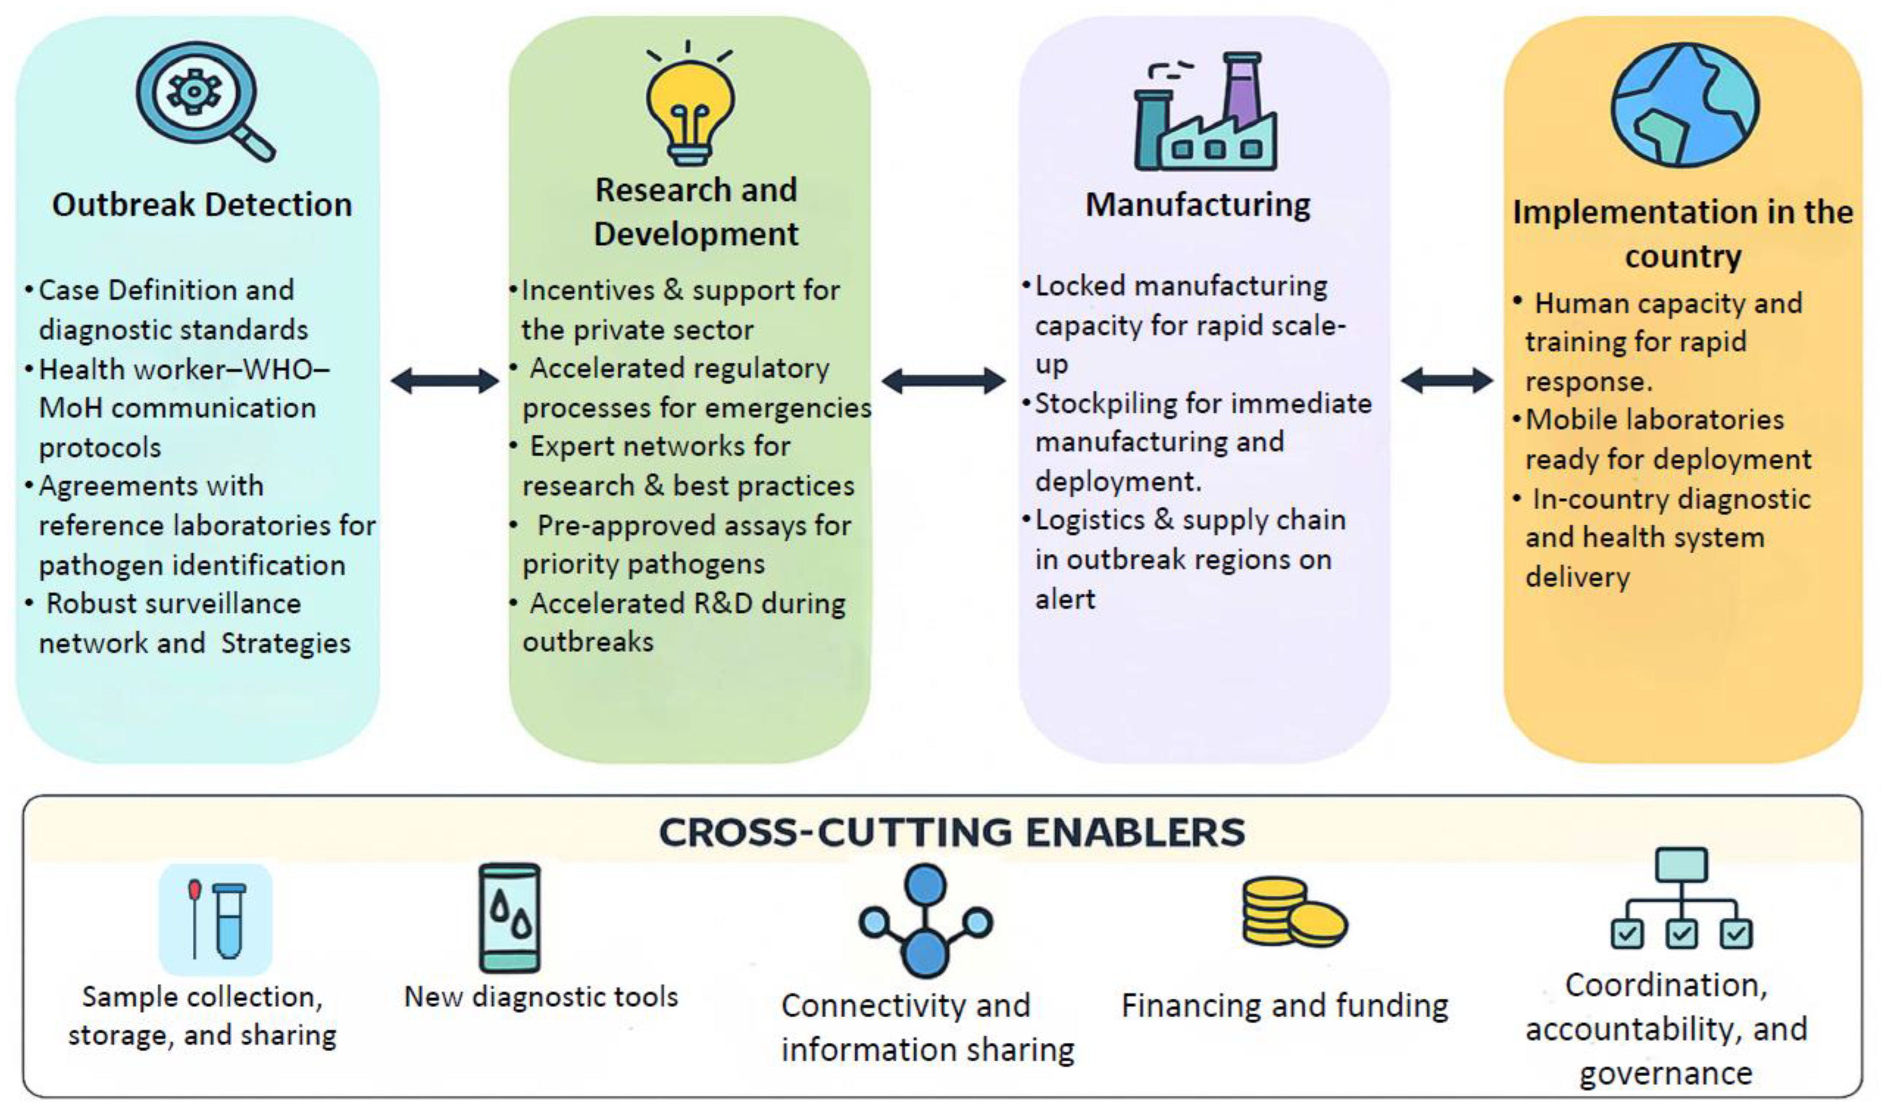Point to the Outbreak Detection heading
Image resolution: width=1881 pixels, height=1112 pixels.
(x=202, y=204)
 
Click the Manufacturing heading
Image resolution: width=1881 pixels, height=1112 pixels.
(x=1198, y=204)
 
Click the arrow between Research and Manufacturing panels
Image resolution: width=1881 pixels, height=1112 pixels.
(x=943, y=381)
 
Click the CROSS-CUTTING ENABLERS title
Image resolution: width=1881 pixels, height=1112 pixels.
(x=952, y=832)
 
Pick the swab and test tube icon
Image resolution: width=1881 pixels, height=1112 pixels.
(x=215, y=920)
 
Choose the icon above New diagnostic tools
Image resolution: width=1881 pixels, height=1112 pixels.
(x=509, y=918)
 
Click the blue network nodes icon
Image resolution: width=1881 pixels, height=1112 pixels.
(x=926, y=922)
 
